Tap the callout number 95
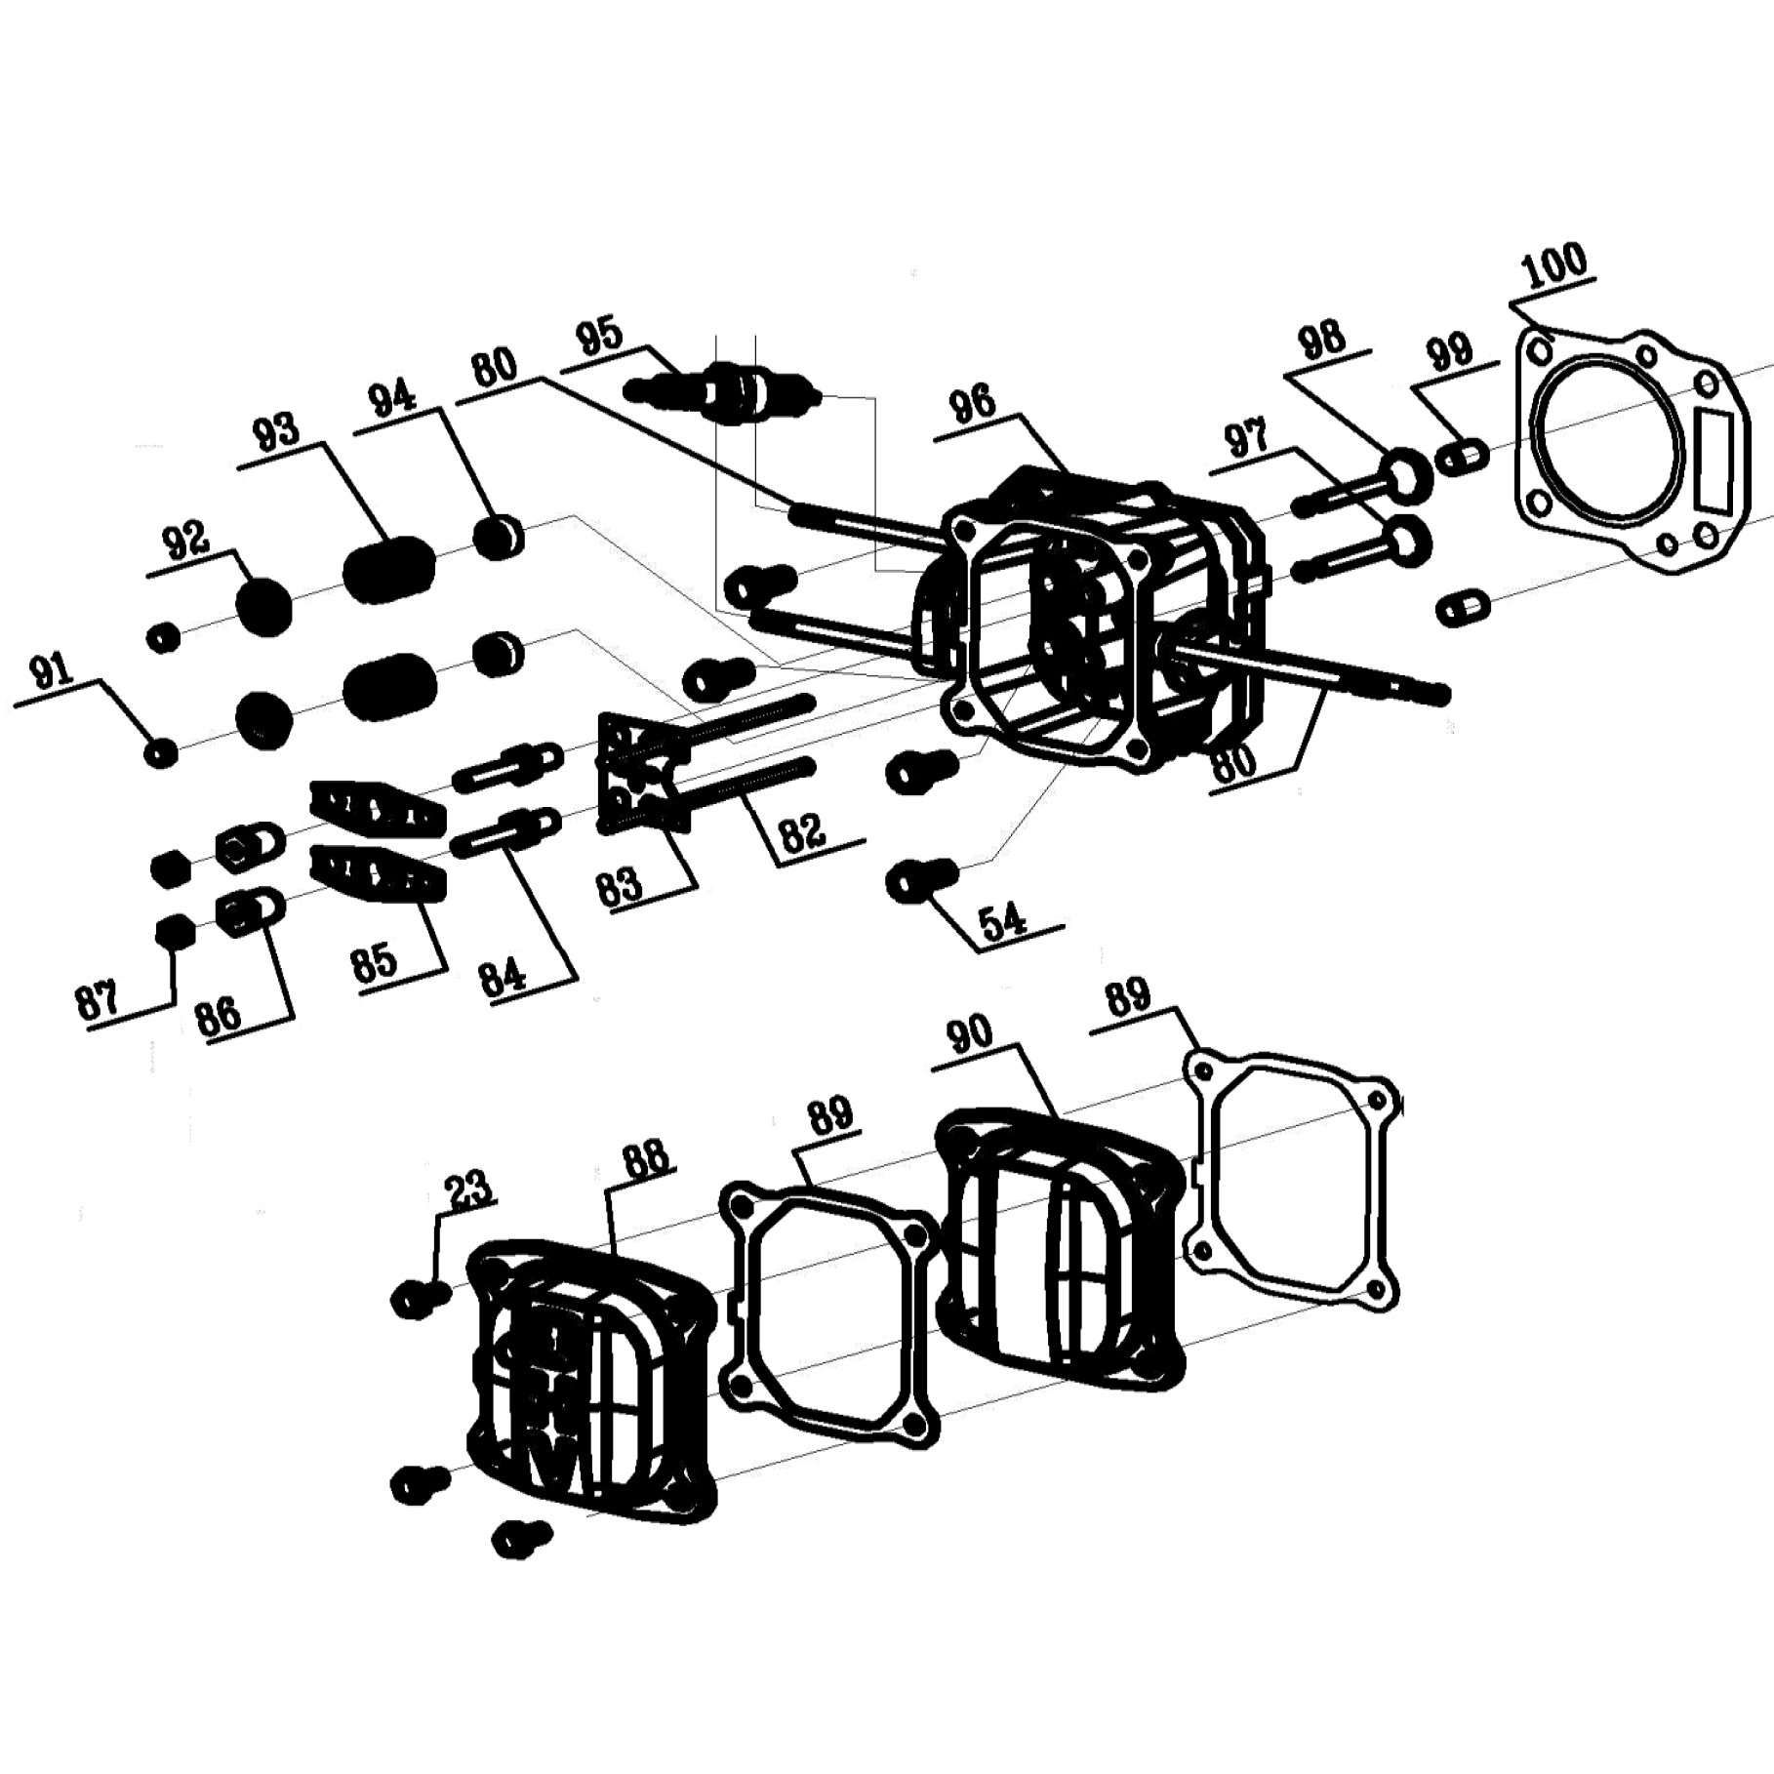(x=600, y=336)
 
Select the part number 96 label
(x=974, y=405)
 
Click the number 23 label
(x=468, y=1189)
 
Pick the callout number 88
(x=645, y=1159)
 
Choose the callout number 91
(x=53, y=672)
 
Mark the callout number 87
(x=98, y=1001)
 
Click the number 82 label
(x=802, y=831)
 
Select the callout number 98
(x=1321, y=342)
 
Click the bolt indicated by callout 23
(x=421, y=1299)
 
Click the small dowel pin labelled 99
(x=1464, y=457)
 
